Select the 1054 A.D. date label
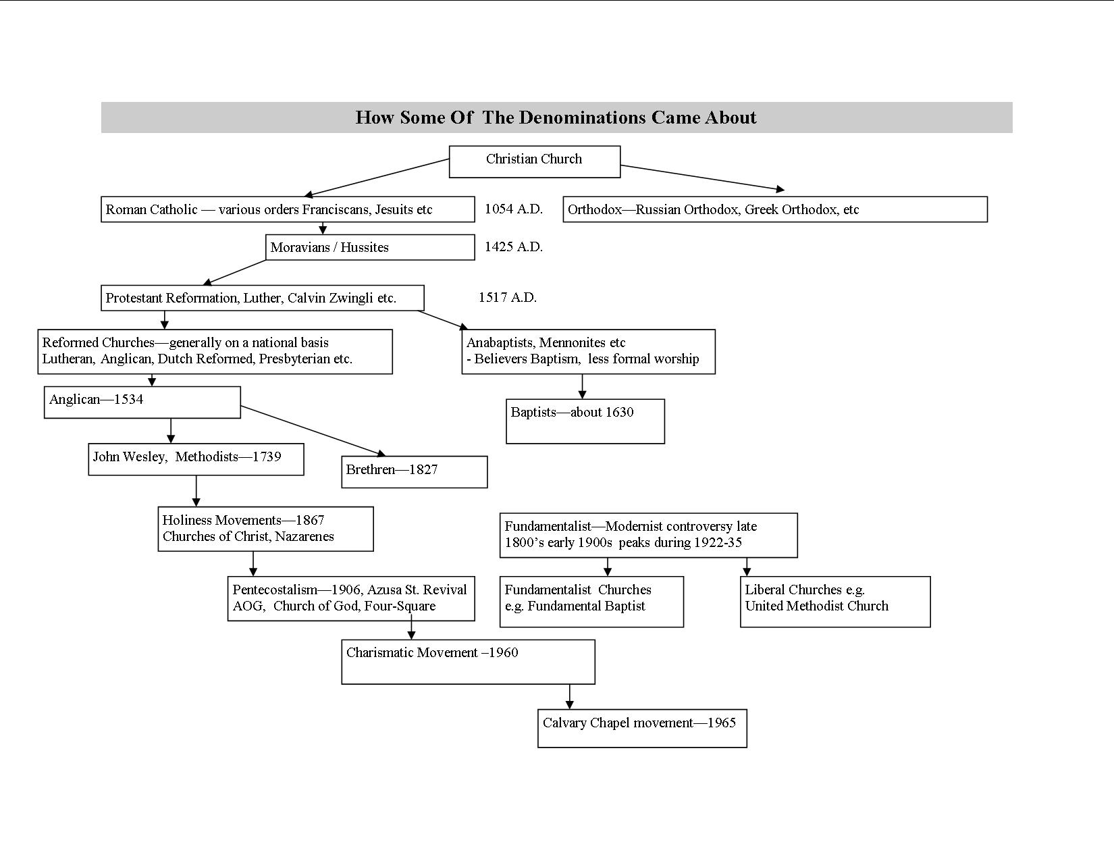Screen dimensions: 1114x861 tap(514, 209)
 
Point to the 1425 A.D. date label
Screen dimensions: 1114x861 tap(514, 246)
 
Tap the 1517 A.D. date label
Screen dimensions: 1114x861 tap(508, 297)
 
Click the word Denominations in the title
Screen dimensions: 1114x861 tap(582, 118)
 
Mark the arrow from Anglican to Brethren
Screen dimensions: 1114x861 tap(313, 431)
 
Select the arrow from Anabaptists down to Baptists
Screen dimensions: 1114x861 tap(582, 387)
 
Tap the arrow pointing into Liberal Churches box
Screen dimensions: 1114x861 tap(747, 567)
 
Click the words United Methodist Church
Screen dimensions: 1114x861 tap(817, 606)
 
